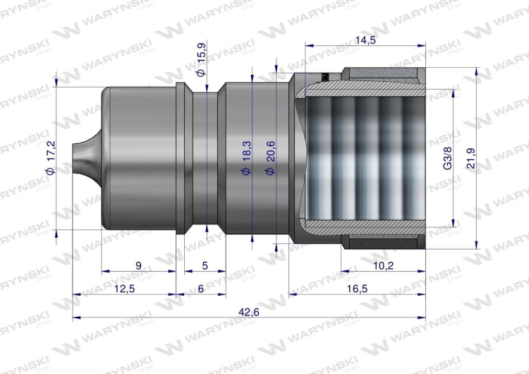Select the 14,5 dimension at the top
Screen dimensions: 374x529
click(x=366, y=40)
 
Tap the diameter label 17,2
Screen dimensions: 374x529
click(x=50, y=161)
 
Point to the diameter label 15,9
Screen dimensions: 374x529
click(x=202, y=64)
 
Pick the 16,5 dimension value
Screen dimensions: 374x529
click(x=357, y=289)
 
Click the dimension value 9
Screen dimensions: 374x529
click(x=138, y=265)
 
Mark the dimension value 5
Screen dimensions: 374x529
click(x=205, y=265)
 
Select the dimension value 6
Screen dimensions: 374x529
click(x=200, y=289)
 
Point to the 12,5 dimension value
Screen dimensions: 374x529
click(x=124, y=289)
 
